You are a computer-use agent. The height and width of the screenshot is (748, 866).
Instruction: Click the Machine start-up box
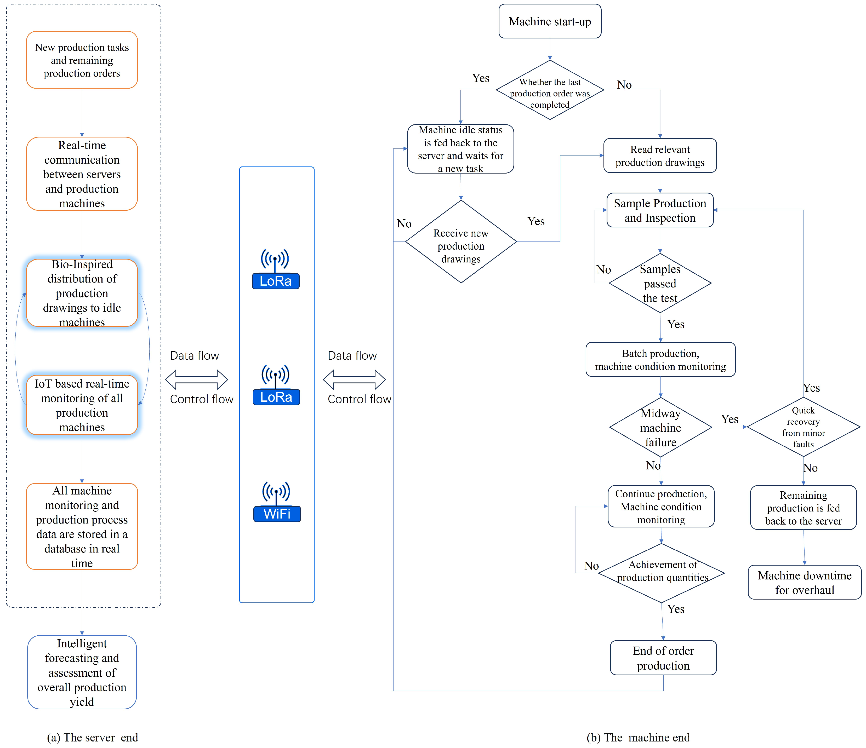[x=550, y=21]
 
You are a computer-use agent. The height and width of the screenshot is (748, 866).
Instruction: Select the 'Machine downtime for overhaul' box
[x=804, y=582]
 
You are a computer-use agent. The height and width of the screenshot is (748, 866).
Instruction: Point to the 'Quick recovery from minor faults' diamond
[x=803, y=427]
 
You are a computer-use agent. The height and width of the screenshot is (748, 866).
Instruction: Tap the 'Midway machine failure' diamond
[x=660, y=427]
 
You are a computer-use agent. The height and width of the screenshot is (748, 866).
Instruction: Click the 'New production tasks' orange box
[x=82, y=60]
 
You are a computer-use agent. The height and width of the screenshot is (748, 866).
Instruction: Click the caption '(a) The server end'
[x=92, y=737]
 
